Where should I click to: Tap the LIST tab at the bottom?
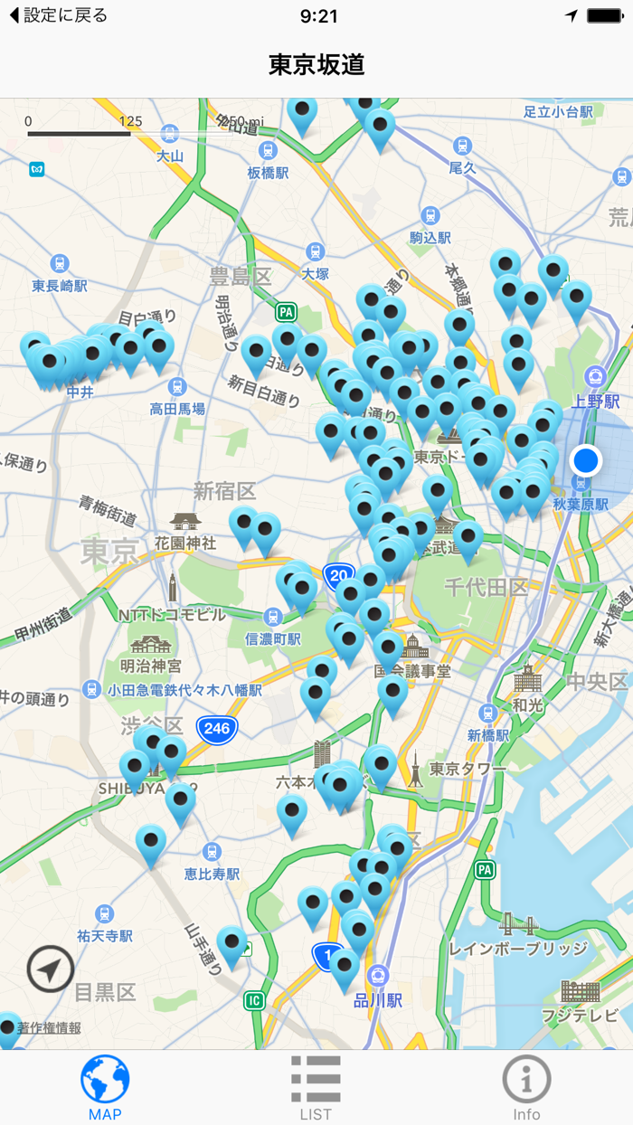[x=316, y=1089]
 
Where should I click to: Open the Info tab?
[x=526, y=1089]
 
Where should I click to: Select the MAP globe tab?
[x=105, y=1089]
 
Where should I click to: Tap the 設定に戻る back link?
[x=60, y=16]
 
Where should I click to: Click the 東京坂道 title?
[x=316, y=64]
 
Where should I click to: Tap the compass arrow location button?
[x=51, y=970]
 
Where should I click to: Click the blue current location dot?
[x=586, y=460]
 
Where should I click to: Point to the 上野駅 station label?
[x=597, y=402]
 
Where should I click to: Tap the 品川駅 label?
[x=379, y=1001]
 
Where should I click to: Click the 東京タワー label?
[x=468, y=769]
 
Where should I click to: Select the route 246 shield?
[x=217, y=727]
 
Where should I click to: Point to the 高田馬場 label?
[x=177, y=409]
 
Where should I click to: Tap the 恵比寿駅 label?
[x=212, y=874]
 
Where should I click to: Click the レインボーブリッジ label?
[x=517, y=949]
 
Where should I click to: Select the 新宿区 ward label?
[x=224, y=491]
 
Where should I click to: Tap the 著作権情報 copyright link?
[x=49, y=1027]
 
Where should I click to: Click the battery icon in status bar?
[x=603, y=16]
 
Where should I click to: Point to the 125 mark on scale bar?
[x=130, y=121]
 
